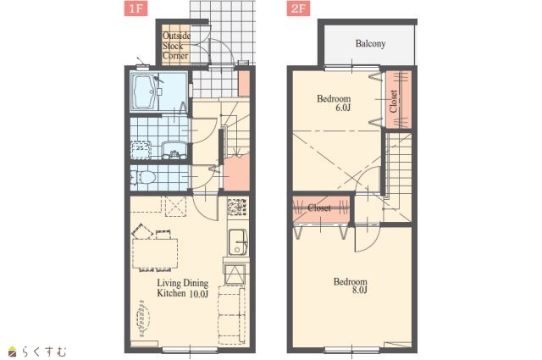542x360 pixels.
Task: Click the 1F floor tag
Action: click(x=135, y=8)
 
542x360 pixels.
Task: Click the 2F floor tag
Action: click(x=298, y=8)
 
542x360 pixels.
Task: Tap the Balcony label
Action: click(x=370, y=43)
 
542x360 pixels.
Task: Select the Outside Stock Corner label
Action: click(x=176, y=46)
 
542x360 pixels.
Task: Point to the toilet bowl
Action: click(x=143, y=178)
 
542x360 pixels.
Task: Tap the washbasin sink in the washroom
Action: click(x=174, y=150)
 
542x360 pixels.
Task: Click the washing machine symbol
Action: click(x=141, y=150)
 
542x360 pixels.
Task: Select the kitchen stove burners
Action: click(x=237, y=207)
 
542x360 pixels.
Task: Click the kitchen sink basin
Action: click(x=238, y=242)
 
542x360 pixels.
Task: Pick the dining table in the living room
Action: click(x=155, y=253)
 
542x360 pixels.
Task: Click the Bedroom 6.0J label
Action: click(x=334, y=103)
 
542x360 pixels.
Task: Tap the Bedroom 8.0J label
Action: click(x=350, y=285)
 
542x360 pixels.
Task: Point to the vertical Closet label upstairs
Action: click(x=393, y=101)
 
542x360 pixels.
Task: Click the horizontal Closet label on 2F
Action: click(x=318, y=208)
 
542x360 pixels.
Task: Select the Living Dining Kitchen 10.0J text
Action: click(x=183, y=288)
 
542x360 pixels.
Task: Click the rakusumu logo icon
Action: click(x=13, y=352)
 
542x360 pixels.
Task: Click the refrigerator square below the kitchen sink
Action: click(x=235, y=274)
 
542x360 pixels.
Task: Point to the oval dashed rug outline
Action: click(x=143, y=318)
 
